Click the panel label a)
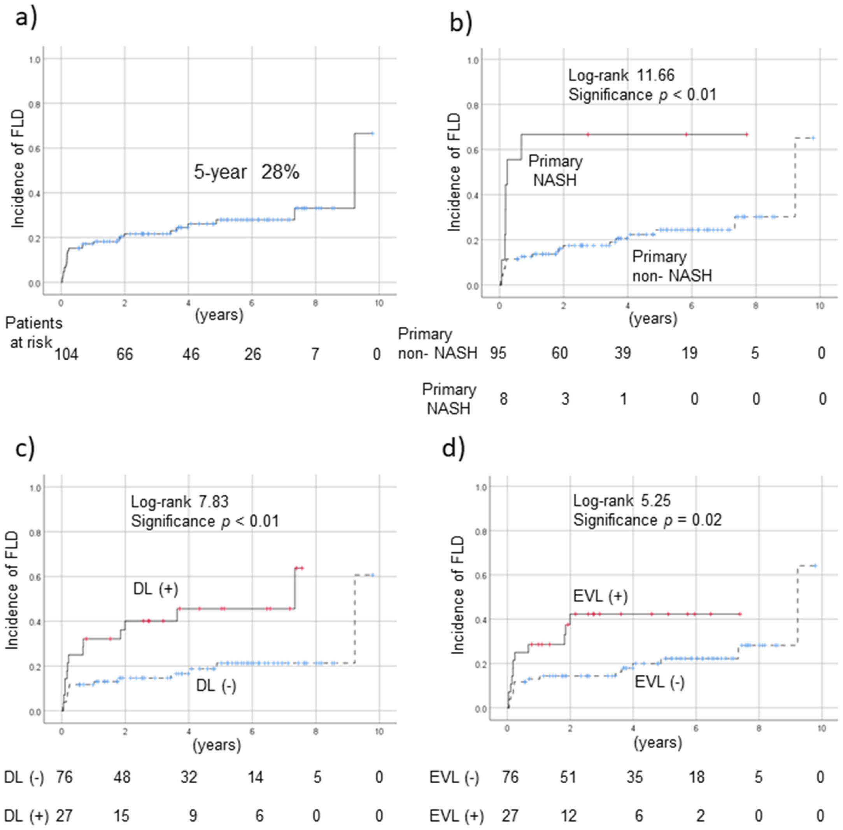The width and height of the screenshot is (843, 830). [26, 19]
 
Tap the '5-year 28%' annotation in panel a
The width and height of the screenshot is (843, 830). [246, 173]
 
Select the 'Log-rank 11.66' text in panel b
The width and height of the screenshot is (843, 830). [621, 75]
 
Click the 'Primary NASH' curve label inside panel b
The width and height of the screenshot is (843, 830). [555, 170]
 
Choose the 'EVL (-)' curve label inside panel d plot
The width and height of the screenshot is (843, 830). [659, 681]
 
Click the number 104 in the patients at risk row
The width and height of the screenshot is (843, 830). [66, 354]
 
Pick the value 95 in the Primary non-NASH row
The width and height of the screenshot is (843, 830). [498, 353]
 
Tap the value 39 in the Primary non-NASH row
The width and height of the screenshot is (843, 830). [622, 353]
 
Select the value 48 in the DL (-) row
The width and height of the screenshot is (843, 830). [122, 777]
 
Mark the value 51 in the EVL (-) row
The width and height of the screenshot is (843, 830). [568, 777]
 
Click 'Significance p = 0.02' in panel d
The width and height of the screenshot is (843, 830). [647, 520]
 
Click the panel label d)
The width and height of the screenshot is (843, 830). [454, 448]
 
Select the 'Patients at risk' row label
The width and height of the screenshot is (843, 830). [33, 333]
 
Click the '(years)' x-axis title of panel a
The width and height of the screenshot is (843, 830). [219, 315]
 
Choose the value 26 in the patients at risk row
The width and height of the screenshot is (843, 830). [252, 354]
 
